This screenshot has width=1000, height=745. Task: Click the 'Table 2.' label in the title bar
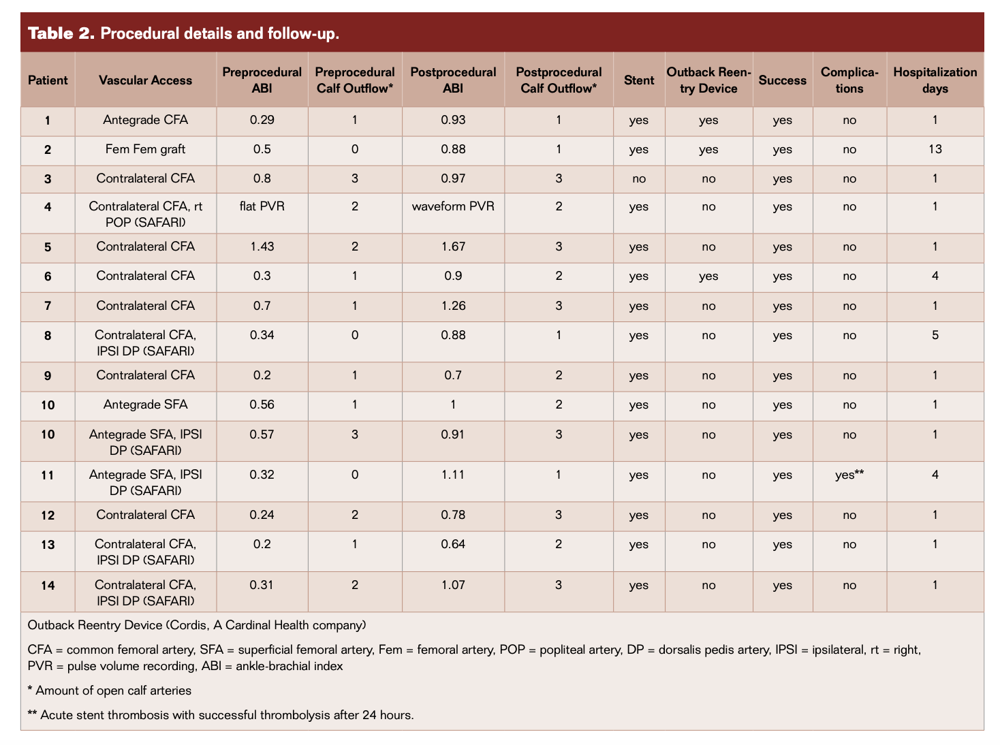60,33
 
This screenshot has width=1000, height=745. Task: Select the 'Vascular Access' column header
145,80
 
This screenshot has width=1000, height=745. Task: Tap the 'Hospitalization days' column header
935,80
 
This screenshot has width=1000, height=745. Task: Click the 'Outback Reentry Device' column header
708,80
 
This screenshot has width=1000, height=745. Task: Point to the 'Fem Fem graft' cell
145,149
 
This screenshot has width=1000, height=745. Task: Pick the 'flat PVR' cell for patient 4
262,206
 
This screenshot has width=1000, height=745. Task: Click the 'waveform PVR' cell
453,206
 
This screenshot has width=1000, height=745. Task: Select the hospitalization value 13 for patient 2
935,149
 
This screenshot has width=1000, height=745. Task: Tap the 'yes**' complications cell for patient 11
849,475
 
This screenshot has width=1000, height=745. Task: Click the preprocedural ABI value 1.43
262,247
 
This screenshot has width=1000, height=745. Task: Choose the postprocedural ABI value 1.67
453,247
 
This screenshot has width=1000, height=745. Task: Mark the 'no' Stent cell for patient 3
638,179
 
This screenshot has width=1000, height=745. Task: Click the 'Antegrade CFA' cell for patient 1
145,120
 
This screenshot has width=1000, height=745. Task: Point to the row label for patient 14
47,586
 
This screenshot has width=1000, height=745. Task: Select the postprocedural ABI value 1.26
453,306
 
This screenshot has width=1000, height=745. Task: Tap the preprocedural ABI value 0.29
262,120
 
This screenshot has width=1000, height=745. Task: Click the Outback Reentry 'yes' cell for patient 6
708,276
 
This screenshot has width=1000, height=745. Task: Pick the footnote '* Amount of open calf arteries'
109,691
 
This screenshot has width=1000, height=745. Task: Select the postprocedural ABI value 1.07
453,585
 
